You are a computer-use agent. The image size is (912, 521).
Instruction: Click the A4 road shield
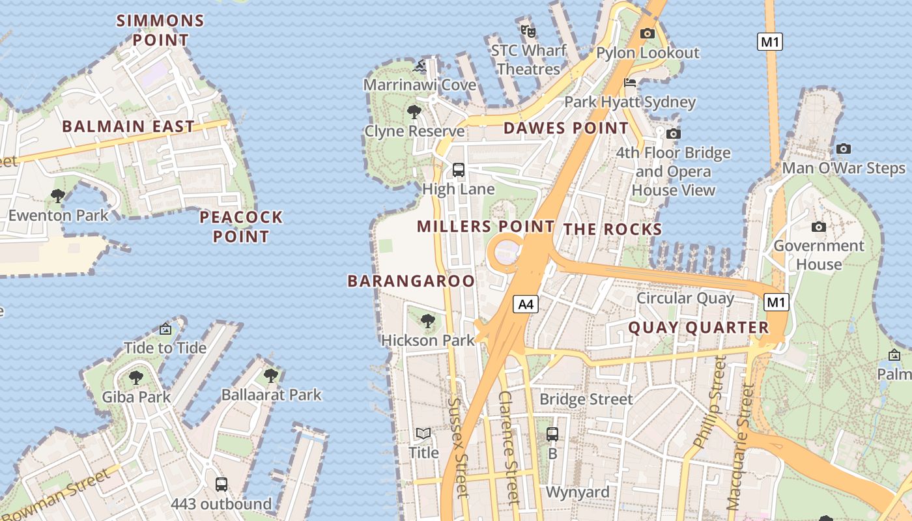(526, 303)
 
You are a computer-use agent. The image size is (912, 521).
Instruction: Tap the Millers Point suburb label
(485, 227)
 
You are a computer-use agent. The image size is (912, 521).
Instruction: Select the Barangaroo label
(411, 281)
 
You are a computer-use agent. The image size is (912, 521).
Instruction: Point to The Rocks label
(612, 229)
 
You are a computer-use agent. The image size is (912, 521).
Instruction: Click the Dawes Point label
(566, 128)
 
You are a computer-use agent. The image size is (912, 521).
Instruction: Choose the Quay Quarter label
(698, 328)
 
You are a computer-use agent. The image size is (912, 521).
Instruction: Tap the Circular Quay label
(685, 298)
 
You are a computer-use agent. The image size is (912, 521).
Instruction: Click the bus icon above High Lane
(459, 170)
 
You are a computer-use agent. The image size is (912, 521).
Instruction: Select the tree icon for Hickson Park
(428, 320)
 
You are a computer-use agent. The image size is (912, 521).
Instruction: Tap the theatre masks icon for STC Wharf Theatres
(528, 31)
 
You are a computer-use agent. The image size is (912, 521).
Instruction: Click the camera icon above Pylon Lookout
(648, 33)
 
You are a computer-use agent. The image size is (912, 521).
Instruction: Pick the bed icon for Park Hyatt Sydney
(630, 83)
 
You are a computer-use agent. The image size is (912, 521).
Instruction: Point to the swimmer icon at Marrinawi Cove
(420, 66)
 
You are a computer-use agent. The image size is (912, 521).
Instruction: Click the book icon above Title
(423, 433)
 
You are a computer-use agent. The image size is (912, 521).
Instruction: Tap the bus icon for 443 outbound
(221, 485)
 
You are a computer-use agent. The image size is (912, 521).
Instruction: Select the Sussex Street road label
(458, 448)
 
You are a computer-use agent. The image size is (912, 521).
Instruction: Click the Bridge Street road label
(586, 399)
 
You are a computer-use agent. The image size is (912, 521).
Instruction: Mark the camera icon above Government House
(819, 227)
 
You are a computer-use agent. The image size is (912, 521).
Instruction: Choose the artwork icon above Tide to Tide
(165, 329)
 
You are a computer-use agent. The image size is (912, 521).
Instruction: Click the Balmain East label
(128, 126)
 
